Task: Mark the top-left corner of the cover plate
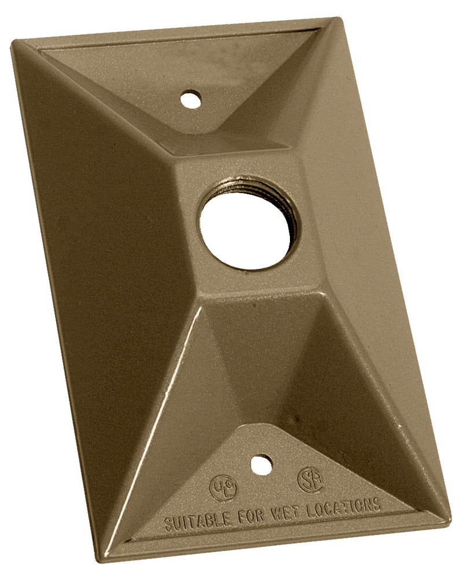(14, 44)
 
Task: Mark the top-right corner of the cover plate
(338, 20)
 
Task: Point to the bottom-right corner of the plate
(448, 517)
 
